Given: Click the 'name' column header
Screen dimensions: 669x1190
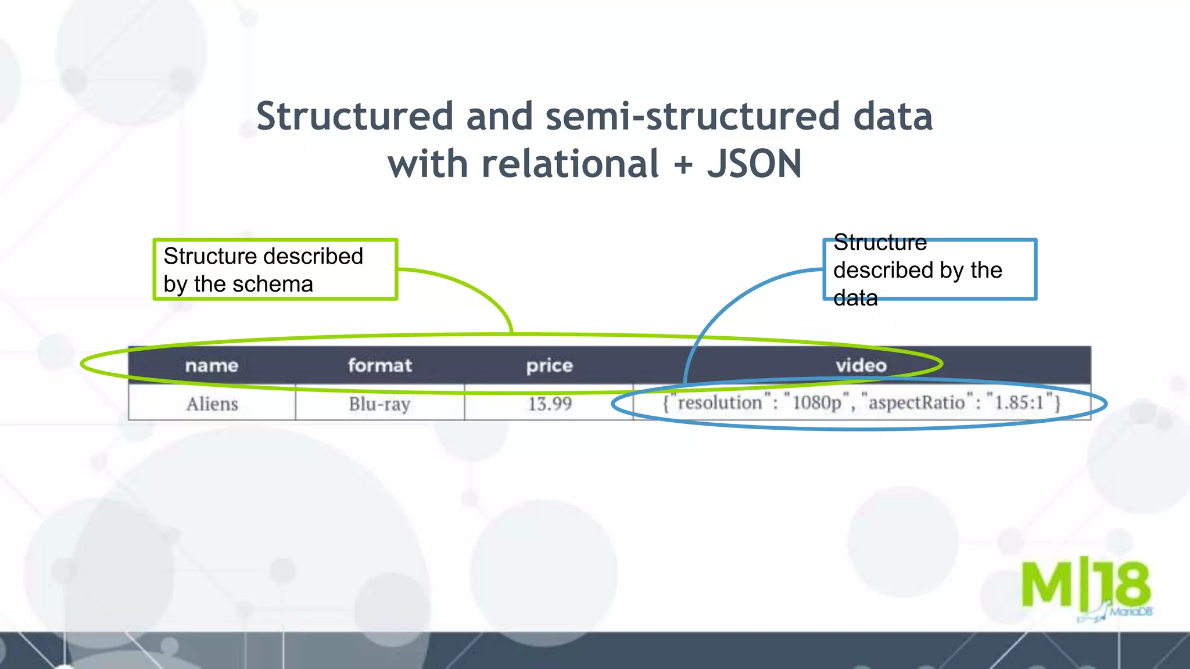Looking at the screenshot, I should [x=212, y=365].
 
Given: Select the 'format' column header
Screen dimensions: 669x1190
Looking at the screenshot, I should [x=380, y=365].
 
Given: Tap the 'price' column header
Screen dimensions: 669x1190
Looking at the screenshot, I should [x=549, y=365].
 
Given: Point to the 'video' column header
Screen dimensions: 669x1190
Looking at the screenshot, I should [x=861, y=365].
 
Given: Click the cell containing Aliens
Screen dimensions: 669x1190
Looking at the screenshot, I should [x=212, y=404].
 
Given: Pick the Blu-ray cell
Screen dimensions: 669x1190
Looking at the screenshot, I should [x=379, y=404].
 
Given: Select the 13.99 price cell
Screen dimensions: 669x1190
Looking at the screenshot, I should [x=550, y=404].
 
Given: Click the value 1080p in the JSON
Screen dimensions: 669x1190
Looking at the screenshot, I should [x=816, y=402].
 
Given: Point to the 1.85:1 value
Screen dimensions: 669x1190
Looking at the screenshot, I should [x=1020, y=402].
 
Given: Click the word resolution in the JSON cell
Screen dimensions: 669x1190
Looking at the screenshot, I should [x=719, y=402].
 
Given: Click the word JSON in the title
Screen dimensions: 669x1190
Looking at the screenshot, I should [x=754, y=164].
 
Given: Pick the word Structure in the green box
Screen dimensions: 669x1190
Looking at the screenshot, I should [x=210, y=256].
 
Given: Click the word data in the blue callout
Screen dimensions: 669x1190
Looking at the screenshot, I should [x=855, y=298].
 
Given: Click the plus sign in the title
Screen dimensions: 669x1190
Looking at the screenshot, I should [x=683, y=165].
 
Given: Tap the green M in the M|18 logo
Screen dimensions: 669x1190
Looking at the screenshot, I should [x=1047, y=584].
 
